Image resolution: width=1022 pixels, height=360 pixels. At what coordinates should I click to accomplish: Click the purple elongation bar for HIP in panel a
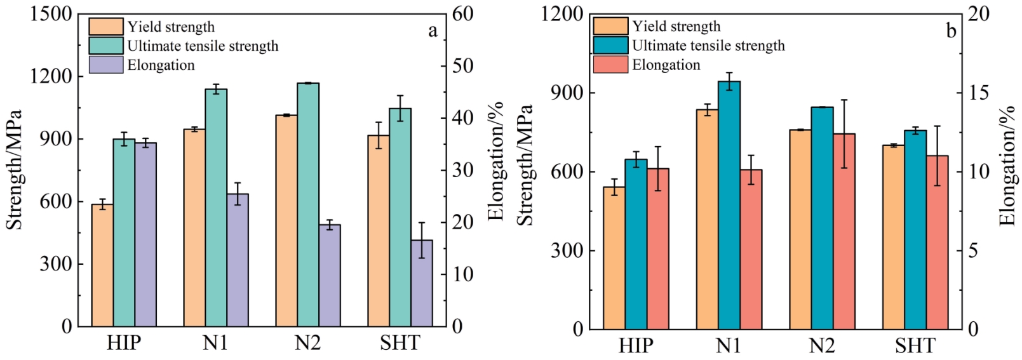tap(145, 235)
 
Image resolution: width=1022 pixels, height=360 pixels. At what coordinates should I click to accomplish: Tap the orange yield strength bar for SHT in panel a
tap(379, 231)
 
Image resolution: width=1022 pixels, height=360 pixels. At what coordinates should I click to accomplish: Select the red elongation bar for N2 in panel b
tap(844, 232)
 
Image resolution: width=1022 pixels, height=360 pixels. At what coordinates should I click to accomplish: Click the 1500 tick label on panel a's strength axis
tap(51, 14)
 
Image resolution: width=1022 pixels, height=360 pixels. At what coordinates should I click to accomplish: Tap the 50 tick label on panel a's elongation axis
tap(462, 66)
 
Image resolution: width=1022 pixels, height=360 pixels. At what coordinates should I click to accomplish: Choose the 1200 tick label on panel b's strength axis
tap(561, 14)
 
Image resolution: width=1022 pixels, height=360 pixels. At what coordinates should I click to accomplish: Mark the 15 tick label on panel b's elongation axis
tap(978, 93)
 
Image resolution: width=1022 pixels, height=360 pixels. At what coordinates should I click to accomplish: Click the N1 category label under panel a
tap(215, 343)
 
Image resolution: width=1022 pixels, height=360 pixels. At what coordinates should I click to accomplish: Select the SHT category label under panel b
tap(915, 346)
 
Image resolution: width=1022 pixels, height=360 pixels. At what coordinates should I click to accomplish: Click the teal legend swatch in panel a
tap(105, 46)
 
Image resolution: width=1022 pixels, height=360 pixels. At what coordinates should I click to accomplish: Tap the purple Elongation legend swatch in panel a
tap(105, 65)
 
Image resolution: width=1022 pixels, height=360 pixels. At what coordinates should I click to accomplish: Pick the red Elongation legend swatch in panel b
tap(610, 65)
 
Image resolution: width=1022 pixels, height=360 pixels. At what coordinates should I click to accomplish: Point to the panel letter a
tap(433, 31)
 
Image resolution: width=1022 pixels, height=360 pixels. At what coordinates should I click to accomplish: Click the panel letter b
tap(951, 31)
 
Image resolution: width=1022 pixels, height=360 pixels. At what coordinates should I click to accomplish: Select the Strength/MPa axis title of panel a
tap(14, 170)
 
